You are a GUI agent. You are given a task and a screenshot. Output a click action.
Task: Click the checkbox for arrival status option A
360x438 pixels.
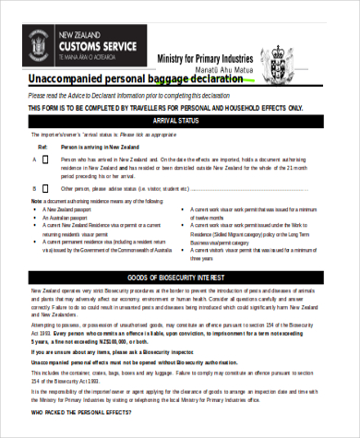[45, 159]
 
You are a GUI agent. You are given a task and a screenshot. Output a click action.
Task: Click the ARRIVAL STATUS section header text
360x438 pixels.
[178, 121]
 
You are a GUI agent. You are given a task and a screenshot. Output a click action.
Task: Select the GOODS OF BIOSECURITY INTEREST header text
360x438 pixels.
[178, 252]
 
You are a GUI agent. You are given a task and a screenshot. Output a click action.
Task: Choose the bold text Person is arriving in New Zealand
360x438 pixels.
[100, 147]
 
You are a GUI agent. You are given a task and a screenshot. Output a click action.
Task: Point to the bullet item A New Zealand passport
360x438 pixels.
[73, 208]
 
